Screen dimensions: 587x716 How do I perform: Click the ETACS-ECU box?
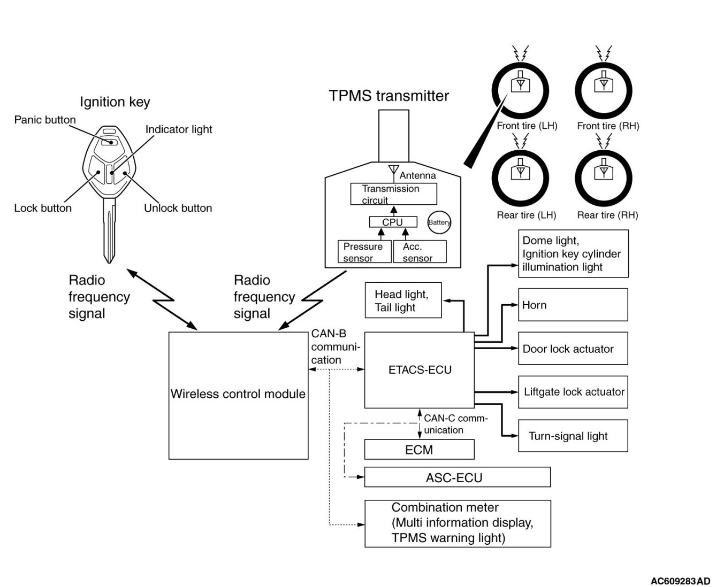(420, 370)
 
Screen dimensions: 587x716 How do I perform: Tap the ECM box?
(419, 450)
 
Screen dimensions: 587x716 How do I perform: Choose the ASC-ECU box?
(457, 477)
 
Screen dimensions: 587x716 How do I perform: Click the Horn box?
(573, 305)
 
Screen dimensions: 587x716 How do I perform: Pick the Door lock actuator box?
(573, 349)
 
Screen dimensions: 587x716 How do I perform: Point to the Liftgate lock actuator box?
(573, 392)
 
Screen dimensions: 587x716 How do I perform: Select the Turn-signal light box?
(573, 436)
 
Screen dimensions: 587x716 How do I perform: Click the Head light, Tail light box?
(403, 300)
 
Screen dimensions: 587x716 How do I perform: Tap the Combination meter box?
(458, 523)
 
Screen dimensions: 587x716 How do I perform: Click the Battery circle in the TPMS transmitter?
(439, 222)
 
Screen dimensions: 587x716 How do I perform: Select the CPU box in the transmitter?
(393, 222)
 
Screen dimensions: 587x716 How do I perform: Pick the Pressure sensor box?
(363, 252)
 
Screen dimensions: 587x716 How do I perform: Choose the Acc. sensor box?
(420, 252)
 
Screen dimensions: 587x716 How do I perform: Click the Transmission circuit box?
(393, 194)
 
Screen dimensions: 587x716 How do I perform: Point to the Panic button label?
(45, 120)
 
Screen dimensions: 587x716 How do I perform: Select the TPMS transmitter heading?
(389, 96)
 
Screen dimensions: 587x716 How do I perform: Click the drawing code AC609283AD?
(680, 581)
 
